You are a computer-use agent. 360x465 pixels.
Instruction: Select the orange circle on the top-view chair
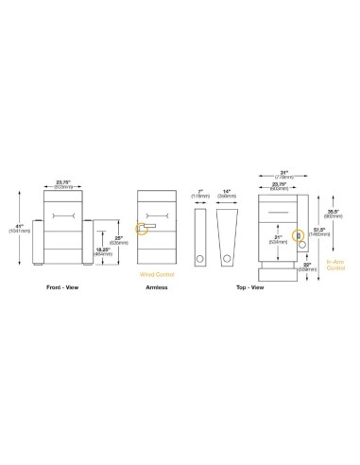click(299, 235)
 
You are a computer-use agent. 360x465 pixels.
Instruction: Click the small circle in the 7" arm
click(199, 258)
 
